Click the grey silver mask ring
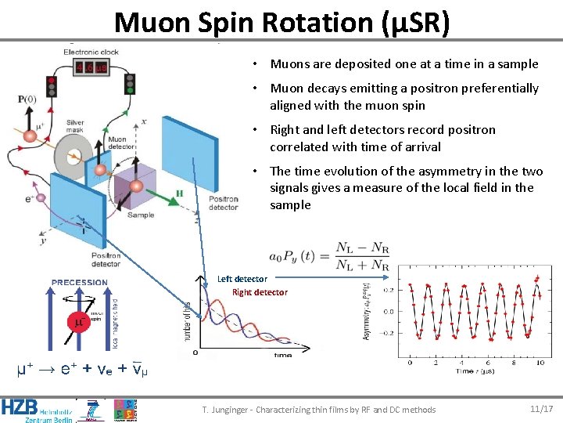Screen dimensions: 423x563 (x=72, y=157)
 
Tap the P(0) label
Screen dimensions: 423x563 (x=27, y=99)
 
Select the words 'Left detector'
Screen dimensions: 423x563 (x=242, y=279)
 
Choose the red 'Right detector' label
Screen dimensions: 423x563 (x=260, y=292)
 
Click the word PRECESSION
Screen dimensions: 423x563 (x=80, y=282)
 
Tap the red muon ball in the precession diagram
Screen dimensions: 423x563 (x=77, y=320)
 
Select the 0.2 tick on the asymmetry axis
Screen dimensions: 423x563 (x=388, y=290)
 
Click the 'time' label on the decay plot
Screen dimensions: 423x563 (x=282, y=355)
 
